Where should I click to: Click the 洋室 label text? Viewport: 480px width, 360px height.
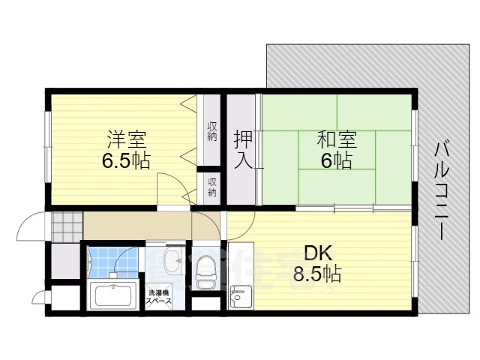click(x=126, y=139)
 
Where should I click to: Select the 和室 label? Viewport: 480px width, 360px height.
click(x=336, y=139)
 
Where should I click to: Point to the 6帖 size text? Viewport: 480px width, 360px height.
click(x=334, y=160)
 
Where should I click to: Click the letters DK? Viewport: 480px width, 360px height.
click(x=317, y=252)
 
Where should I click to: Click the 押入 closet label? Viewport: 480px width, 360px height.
click(x=242, y=149)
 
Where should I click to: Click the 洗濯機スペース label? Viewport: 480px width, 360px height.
click(x=159, y=297)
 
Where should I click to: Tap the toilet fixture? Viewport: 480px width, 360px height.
click(x=205, y=272)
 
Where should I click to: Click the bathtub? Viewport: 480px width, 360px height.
click(x=112, y=297)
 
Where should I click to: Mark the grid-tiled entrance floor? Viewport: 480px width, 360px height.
click(x=65, y=224)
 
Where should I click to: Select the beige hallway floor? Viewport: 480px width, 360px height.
click(x=142, y=224)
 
